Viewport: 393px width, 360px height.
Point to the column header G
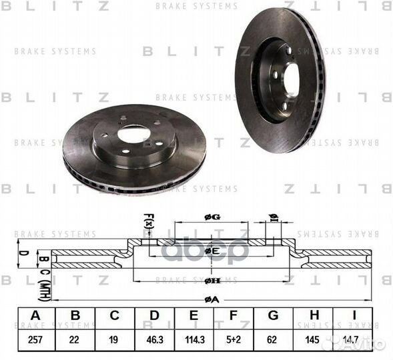click(x=271, y=317)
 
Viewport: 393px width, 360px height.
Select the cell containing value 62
click(x=271, y=339)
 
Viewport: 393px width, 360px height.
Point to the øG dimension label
click(x=212, y=216)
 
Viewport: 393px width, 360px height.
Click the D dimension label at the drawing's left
click(x=21, y=253)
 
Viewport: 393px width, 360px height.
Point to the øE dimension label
click(x=212, y=251)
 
